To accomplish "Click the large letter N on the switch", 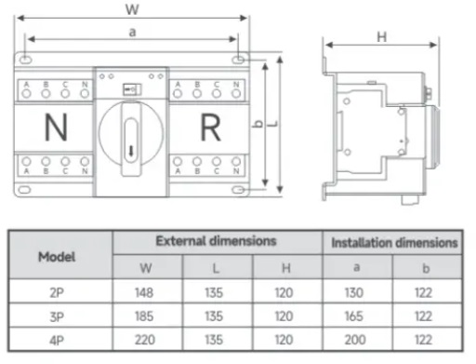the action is [56, 128].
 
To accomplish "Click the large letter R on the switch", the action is [211, 128].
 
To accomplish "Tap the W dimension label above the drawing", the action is [132, 9].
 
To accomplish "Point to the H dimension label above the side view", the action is [382, 37].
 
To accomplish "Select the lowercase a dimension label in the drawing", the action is [132, 32].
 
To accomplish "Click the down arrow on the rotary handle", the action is [131, 152].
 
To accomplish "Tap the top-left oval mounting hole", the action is [25, 59].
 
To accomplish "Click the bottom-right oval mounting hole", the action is [238, 190].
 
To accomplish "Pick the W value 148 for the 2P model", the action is [144, 292].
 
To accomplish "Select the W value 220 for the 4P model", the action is [145, 340].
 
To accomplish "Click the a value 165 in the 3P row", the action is [354, 317].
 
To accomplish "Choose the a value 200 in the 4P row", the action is [355, 340].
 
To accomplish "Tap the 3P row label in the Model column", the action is [57, 317].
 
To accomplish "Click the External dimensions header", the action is [216, 241].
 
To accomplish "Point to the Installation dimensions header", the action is [394, 243].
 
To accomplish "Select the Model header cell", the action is [57, 257].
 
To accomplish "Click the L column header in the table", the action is [216, 268].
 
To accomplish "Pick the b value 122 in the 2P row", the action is [423, 292].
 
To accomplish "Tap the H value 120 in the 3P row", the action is [284, 317].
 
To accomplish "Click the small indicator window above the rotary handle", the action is [132, 90].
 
